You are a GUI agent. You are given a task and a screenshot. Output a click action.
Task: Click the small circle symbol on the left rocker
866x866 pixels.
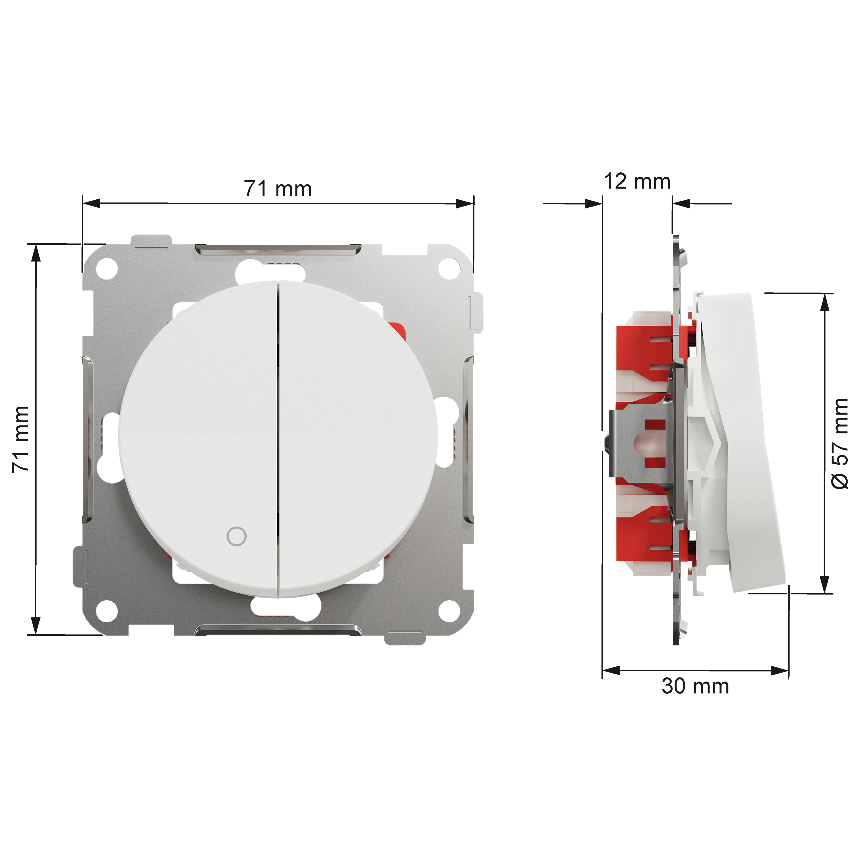[x=237, y=536]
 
